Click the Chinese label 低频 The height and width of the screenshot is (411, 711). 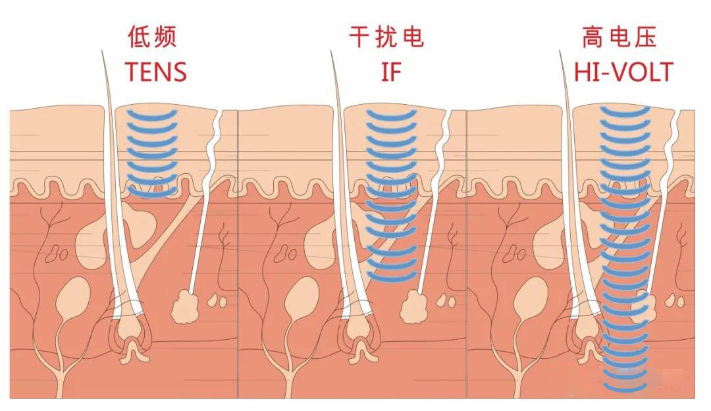point(152,38)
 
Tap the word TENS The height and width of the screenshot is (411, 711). point(156,71)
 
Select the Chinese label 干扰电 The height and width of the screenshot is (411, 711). point(386,38)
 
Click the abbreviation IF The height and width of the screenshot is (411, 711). point(390,71)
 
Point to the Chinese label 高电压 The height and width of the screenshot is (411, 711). point(619,38)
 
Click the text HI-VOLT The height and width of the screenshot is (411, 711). point(623,71)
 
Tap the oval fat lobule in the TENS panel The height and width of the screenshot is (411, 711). point(72,297)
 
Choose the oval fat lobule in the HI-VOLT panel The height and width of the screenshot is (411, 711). point(530,297)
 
